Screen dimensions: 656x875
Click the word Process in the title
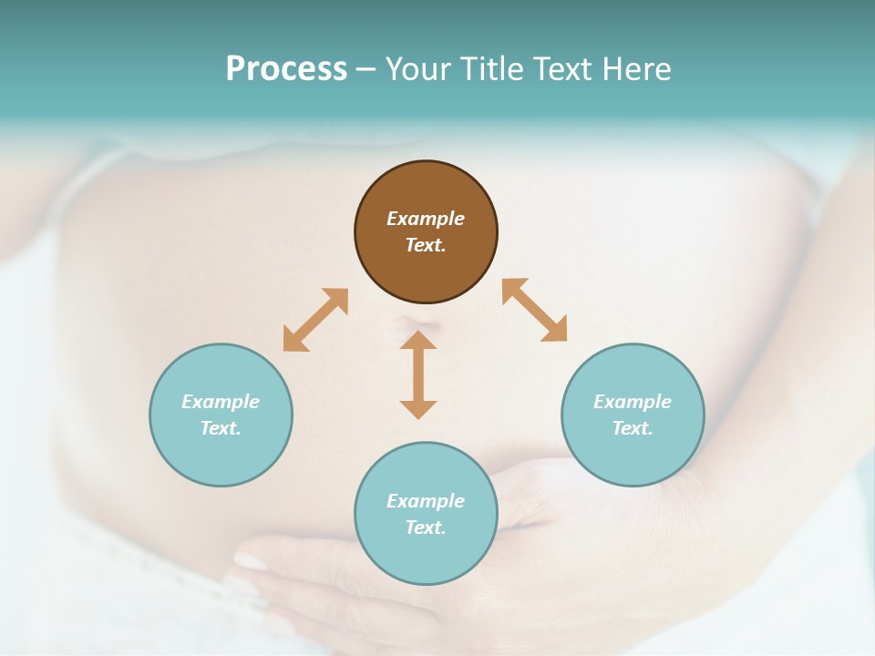[286, 69]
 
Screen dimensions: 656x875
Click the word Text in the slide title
[565, 69]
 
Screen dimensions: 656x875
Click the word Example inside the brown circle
[426, 219]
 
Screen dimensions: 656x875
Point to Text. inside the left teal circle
[221, 428]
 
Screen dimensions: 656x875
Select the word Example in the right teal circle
[633, 402]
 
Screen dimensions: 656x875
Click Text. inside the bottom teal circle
[426, 528]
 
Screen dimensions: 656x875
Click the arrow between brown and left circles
[315, 320]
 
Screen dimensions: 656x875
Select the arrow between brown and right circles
[535, 310]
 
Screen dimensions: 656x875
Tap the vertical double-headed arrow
[418, 374]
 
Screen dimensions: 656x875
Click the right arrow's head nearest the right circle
[555, 330]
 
